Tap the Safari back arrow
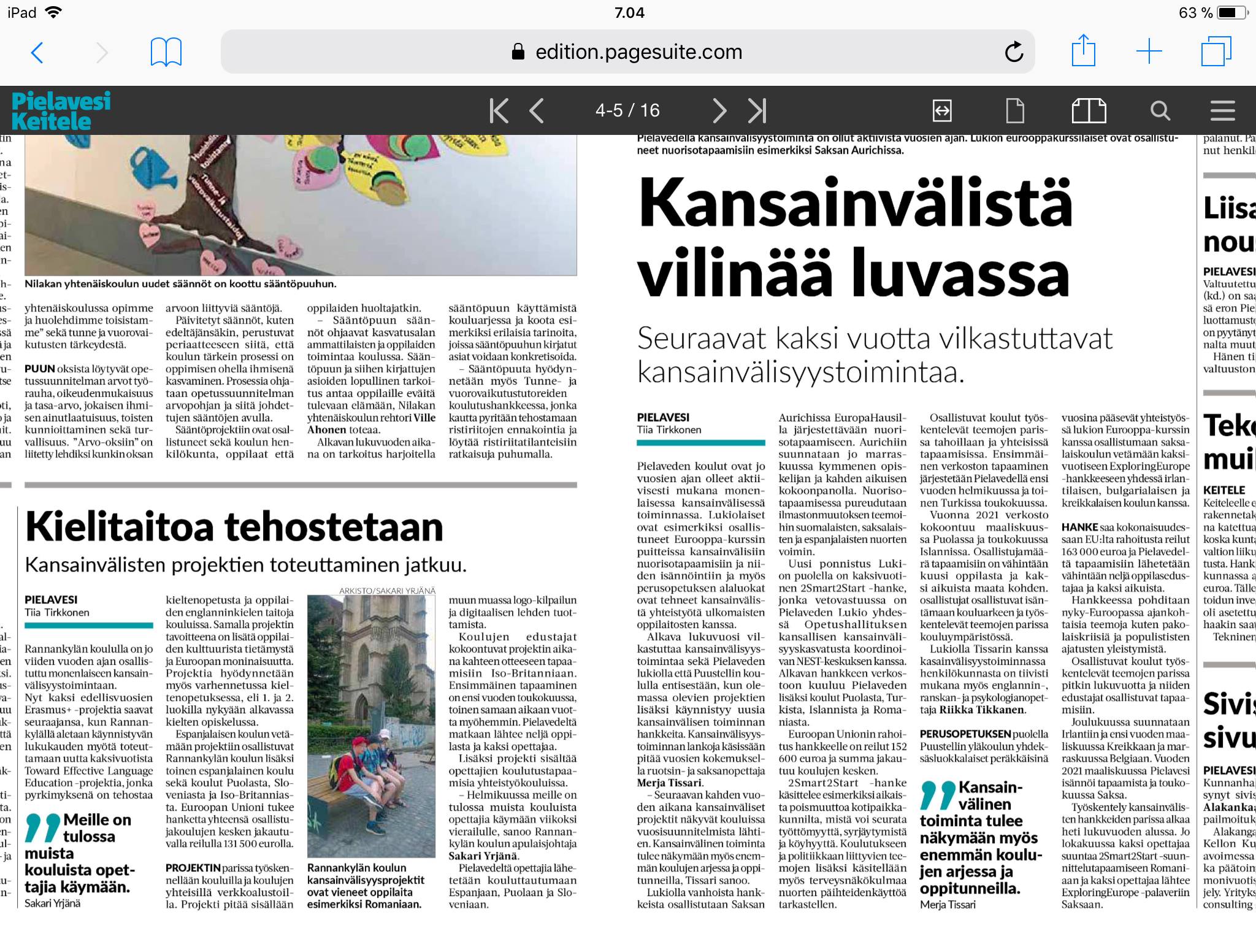tap(37, 53)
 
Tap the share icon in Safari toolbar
tap(1083, 51)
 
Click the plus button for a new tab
tap(1149, 52)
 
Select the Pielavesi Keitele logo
tap(61, 110)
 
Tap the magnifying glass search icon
tap(1160, 111)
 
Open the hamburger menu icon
tap(1222, 111)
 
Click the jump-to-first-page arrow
tap(499, 111)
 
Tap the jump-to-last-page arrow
tap(757, 111)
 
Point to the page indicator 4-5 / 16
tap(627, 110)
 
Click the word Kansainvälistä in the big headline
tap(855, 202)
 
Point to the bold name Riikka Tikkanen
tap(981, 710)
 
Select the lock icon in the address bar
tap(518, 52)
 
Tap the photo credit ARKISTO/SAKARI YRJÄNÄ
tap(387, 591)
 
